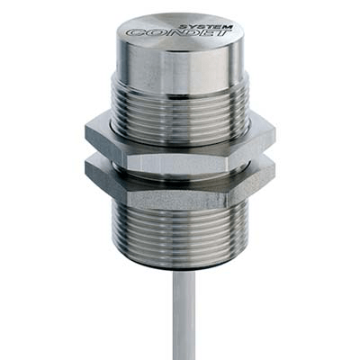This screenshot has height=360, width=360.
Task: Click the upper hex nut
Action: [180, 140]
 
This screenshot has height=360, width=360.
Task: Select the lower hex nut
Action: [180, 184]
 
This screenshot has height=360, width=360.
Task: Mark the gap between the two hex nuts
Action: [180, 162]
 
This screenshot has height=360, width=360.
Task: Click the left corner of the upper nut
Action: [87, 135]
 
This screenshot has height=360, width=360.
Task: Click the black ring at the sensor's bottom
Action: [180, 267]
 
